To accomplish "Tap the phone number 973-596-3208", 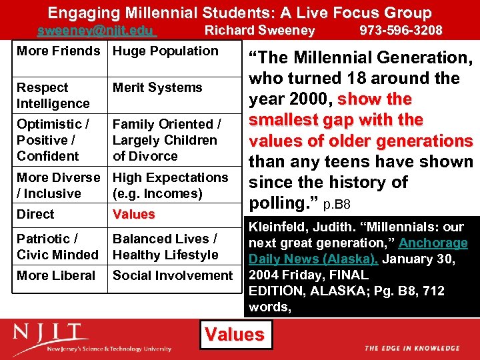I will pos(401,30).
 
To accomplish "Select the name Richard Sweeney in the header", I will pos(259,30).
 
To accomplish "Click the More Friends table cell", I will pos(58,51).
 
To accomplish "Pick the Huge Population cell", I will pos(165,51).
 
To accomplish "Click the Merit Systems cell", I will pos(157,88).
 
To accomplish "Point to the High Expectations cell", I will pos(170,185).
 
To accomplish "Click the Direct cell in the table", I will pos(36,215).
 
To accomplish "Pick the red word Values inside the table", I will pos(133,215).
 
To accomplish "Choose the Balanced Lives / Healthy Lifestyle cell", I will pos(165,247).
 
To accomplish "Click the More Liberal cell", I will pos(56,275).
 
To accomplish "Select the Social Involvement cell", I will pos(173,275).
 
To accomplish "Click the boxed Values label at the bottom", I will pos(235,334).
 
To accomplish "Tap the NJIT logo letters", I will pos(51,334).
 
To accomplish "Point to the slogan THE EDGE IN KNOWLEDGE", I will pos(411,348).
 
